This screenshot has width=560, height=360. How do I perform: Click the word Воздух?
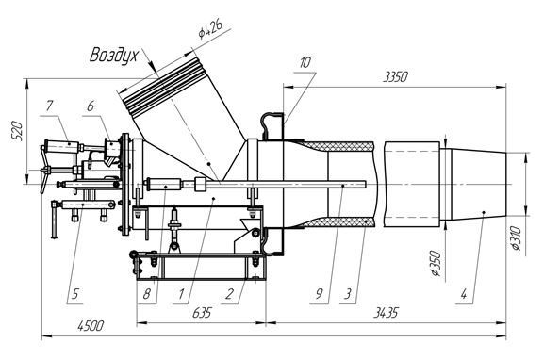coord(113,56)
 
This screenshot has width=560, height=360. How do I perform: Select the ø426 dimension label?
coord(211,28)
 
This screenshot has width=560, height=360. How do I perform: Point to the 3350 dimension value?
coord(395,76)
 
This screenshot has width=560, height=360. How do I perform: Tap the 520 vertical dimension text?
coord(17,131)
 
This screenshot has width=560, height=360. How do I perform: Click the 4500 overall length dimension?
coord(91,326)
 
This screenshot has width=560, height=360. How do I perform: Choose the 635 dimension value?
coord(202,313)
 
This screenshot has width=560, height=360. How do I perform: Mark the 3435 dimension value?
coord(386,313)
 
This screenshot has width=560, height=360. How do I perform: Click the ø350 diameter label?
coord(436,264)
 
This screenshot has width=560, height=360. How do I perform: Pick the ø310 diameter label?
coord(517,238)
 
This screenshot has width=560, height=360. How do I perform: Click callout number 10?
coord(305,63)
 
